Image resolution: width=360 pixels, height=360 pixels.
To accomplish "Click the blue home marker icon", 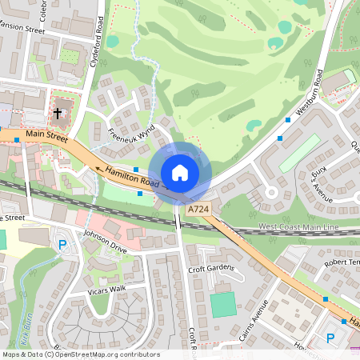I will (x=180, y=173).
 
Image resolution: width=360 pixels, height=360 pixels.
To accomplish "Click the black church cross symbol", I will (x=58, y=114).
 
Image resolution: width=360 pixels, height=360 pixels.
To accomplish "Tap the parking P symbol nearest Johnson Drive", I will (x=62, y=244).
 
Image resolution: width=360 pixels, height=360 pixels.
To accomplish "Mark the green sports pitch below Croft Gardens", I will (x=224, y=304).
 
